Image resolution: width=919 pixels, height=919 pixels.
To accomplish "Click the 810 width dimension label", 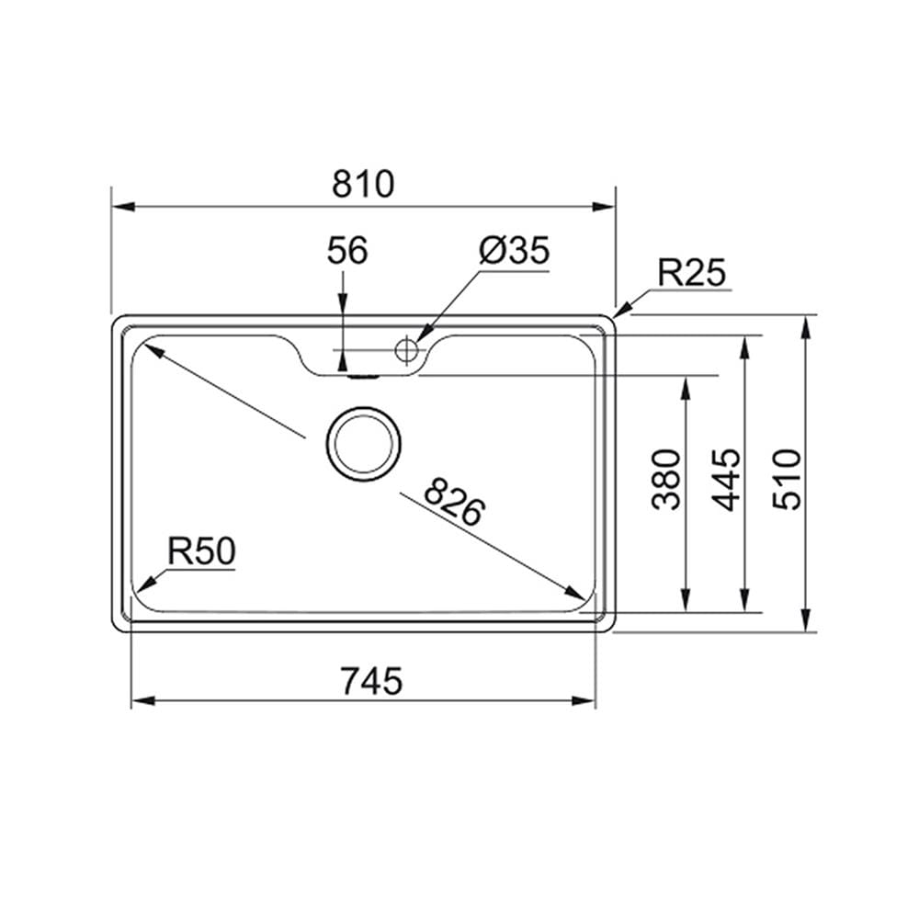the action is (x=363, y=184).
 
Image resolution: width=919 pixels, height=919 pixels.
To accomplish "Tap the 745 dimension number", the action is (x=372, y=681).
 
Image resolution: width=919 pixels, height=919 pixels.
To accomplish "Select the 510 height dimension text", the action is (x=787, y=480).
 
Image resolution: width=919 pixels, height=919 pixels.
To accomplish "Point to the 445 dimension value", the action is (x=727, y=480).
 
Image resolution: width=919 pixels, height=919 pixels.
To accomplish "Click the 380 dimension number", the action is (x=667, y=480).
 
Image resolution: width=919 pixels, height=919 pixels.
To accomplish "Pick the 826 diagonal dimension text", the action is (x=454, y=503).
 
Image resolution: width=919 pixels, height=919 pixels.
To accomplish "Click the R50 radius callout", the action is (x=201, y=551).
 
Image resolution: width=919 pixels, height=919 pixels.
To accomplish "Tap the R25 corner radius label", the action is (x=692, y=273).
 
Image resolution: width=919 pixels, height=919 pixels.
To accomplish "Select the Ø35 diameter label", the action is (x=515, y=251).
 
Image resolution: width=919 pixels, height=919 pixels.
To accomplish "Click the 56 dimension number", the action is (x=347, y=250).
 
